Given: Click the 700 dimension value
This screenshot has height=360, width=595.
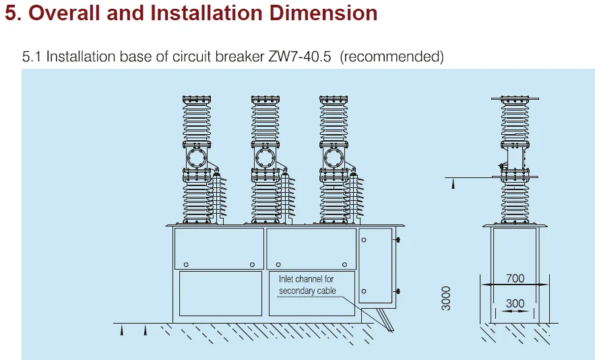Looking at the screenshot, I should [x=515, y=278].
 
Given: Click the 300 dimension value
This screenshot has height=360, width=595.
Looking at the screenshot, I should [x=515, y=303].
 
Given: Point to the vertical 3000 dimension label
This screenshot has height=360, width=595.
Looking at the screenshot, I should [x=446, y=297].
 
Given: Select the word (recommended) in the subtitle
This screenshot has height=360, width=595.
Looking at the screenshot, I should [x=392, y=57].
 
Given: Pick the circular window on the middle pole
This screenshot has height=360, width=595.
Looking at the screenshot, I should [x=264, y=159].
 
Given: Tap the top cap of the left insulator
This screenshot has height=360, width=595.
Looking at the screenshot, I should [x=196, y=100].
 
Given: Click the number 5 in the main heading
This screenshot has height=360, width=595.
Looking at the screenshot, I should [x=11, y=13].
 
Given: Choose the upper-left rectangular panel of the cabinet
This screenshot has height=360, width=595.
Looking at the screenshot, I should [x=219, y=249].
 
